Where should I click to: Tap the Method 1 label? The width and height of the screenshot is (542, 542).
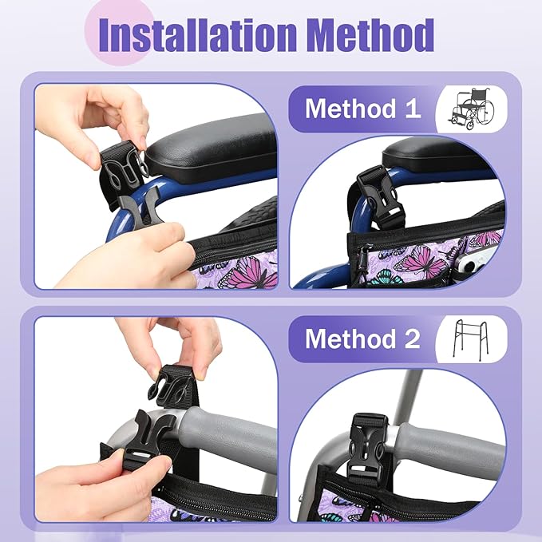coord(362,108)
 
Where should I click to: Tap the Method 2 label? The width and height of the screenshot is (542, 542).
coord(362,338)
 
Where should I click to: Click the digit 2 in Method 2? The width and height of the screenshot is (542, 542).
coord(411,338)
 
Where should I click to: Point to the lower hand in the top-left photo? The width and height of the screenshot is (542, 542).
coord(136,255)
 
